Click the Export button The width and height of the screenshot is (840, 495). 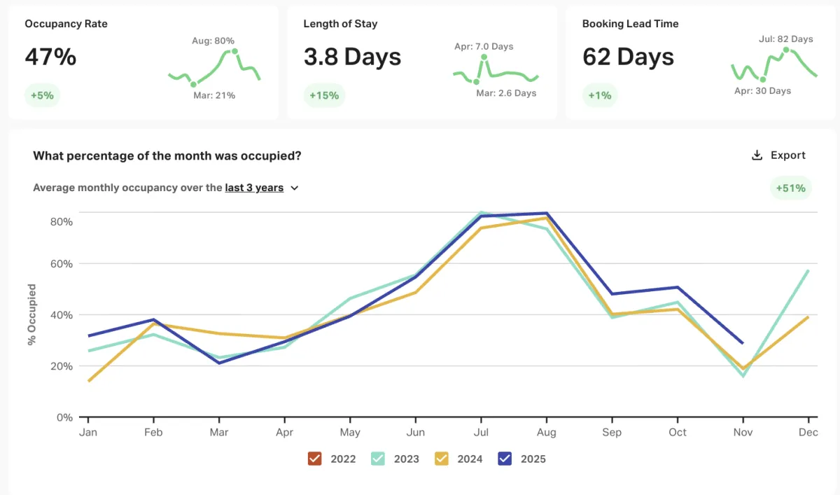pyautogui.click(x=778, y=155)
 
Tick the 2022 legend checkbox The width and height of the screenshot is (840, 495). pyautogui.click(x=314, y=459)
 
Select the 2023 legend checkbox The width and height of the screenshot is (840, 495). pyautogui.click(x=378, y=459)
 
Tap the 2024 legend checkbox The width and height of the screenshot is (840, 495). pyautogui.click(x=441, y=459)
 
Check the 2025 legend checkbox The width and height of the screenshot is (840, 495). pyautogui.click(x=505, y=459)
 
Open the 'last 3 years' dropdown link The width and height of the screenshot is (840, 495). pyautogui.click(x=261, y=188)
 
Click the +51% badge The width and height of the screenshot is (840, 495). pyautogui.click(x=790, y=188)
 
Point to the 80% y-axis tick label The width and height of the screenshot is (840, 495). pyautogui.click(x=62, y=221)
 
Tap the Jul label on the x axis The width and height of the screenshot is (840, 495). pyautogui.click(x=481, y=433)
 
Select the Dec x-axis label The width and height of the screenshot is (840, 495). pyautogui.click(x=808, y=433)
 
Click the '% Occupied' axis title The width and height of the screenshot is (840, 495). pyautogui.click(x=31, y=314)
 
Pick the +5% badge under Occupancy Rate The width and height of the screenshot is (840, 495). pyautogui.click(x=42, y=95)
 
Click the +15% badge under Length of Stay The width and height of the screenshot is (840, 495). pyautogui.click(x=324, y=95)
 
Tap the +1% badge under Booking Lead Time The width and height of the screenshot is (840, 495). pyautogui.click(x=600, y=95)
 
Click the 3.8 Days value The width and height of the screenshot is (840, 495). pyautogui.click(x=352, y=57)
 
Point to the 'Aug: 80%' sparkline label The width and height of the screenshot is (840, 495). pyautogui.click(x=213, y=41)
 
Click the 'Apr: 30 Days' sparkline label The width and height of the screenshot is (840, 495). pyautogui.click(x=762, y=91)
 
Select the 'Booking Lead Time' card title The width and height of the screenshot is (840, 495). pyautogui.click(x=630, y=24)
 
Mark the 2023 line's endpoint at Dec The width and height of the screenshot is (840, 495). pyautogui.click(x=808, y=271)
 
